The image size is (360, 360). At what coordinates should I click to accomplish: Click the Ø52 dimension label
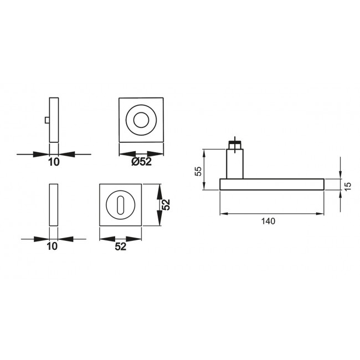click(141, 162)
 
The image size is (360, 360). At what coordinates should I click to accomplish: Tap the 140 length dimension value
click(268, 221)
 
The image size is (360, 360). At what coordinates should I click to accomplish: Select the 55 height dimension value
click(198, 171)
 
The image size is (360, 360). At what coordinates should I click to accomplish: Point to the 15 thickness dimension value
click(348, 186)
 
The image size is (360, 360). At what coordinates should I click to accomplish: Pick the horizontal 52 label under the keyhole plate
click(121, 246)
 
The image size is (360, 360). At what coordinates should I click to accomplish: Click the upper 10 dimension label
click(54, 162)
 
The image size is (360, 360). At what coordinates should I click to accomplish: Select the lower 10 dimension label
click(52, 246)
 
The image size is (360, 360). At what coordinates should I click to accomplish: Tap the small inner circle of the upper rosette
click(141, 120)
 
